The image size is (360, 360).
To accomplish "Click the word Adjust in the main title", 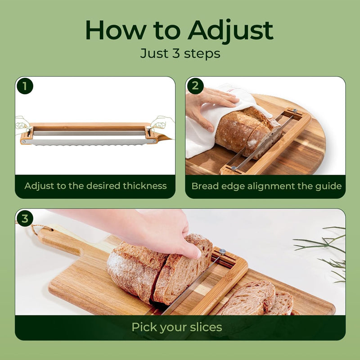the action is click(x=230, y=31).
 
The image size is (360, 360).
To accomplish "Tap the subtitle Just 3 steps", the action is click(x=180, y=54).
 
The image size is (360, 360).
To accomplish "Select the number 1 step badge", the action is click(x=25, y=86).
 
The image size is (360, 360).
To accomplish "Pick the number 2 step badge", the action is click(x=195, y=86).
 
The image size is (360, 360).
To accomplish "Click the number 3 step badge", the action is click(x=25, y=219).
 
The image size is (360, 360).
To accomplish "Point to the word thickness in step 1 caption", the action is click(x=144, y=186).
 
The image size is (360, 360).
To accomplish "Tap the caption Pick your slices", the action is click(x=177, y=327).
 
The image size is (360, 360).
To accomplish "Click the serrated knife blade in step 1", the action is click(x=90, y=142).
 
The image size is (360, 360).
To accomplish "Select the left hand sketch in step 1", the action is click(x=22, y=125).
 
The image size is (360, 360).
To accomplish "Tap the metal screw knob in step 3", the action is click(x=222, y=252).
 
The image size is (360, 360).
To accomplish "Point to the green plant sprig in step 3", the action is click(x=324, y=252).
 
